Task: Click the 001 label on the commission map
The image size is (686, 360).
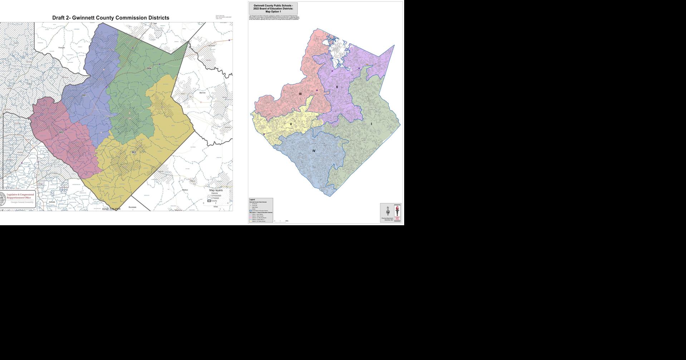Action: pyautogui.click(x=84, y=95)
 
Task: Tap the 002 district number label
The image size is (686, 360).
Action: pyautogui.click(x=61, y=133)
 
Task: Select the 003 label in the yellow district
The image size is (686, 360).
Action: pyautogui.click(x=134, y=152)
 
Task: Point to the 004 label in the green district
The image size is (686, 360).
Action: pyautogui.click(x=149, y=68)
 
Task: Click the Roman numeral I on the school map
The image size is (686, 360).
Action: pyautogui.click(x=371, y=124)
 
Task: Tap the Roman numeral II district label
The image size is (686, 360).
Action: pyautogui.click(x=337, y=87)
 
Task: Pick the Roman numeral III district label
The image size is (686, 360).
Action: pyautogui.click(x=300, y=94)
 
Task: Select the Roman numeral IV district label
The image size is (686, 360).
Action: pyautogui.click(x=314, y=151)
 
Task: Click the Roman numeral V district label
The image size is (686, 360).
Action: pyautogui.click(x=291, y=124)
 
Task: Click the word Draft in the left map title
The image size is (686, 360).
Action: pyautogui.click(x=59, y=18)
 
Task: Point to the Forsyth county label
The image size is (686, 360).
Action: pyautogui.click(x=62, y=47)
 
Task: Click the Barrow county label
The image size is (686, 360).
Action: pyautogui.click(x=202, y=93)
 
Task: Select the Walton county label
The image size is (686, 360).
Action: pyautogui.click(x=185, y=190)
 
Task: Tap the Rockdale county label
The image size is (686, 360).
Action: pyautogui.click(x=132, y=207)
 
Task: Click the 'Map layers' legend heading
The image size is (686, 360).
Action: pyautogui.click(x=216, y=190)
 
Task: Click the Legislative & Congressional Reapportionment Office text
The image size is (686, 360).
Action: pyautogui.click(x=20, y=196)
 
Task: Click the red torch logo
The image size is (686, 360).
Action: pyautogui.click(x=397, y=212)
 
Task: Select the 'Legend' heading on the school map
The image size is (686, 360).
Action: pyautogui.click(x=252, y=199)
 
